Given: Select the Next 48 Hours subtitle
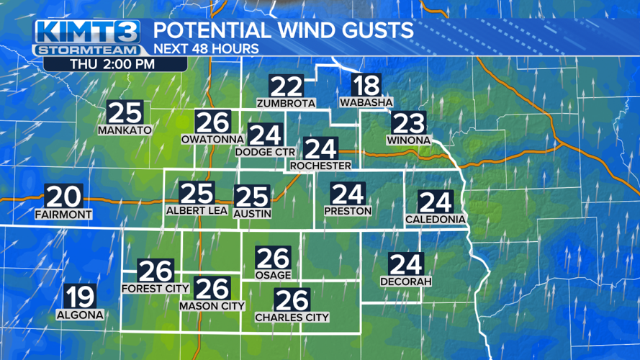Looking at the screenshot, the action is point(206,49).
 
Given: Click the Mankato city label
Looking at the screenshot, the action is point(125,130).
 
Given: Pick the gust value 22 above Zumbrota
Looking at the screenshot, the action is point(286,86).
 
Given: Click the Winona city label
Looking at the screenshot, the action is point(407,139).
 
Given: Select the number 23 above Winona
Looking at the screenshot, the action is point(408,122).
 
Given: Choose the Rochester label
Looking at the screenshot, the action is point(320,166).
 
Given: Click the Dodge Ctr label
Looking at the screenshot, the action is point(266,152).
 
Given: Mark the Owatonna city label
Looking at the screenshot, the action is point(212,139).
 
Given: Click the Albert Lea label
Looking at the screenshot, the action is point(197,211).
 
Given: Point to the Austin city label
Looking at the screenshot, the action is point(253,213).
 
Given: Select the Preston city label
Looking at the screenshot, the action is point(348,211).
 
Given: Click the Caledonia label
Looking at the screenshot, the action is point(436,219).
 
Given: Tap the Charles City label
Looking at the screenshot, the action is point(292,317).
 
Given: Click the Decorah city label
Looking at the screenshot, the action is point(405,282).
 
